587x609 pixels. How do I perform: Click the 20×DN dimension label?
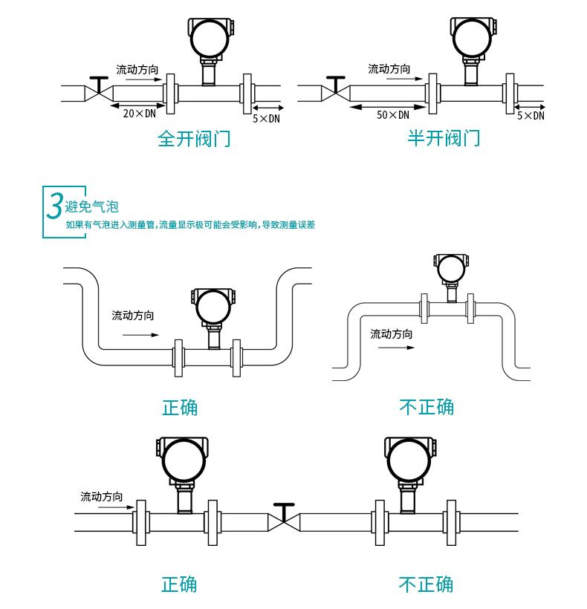coord(139,114)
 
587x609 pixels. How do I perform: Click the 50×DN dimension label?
coord(393,114)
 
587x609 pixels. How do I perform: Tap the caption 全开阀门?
coord(194,138)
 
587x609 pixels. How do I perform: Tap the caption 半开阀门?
coord(444,137)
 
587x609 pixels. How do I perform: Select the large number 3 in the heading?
coord(54,206)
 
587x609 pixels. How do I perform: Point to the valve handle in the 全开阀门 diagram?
coord(97,78)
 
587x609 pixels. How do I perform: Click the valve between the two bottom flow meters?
coord(282,517)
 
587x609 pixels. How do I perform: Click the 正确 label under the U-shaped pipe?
coord(180,407)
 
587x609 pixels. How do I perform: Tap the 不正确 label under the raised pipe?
coord(427,406)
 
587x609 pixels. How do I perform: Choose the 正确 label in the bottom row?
coord(180,584)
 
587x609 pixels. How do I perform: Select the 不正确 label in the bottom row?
coord(426,584)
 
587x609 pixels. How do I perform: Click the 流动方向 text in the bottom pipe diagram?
coord(102,496)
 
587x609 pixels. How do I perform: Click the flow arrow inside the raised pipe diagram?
coord(388,347)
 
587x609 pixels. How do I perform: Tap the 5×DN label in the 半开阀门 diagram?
coord(531,115)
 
